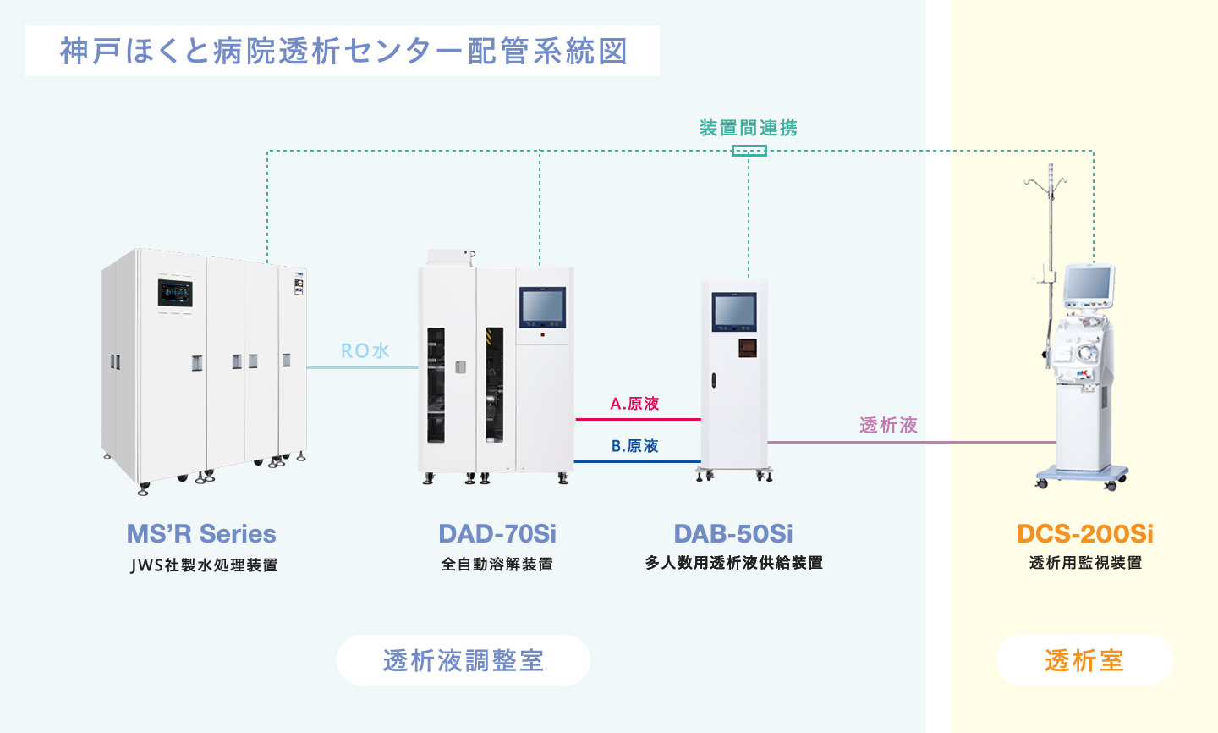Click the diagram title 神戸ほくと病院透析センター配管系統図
point(343,51)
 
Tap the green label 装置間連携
point(749,128)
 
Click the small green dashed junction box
point(749,151)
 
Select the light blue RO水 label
point(365,350)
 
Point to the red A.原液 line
point(638,419)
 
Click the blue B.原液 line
point(638,461)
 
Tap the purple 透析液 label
point(888,425)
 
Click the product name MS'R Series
point(201,534)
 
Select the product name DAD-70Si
point(497,534)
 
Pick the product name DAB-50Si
point(733,534)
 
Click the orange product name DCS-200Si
point(1085,534)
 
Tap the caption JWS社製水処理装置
point(204,565)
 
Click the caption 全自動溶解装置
point(497,564)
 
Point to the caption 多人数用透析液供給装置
point(733,563)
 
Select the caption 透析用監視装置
point(1085,563)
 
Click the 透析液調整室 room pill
point(464,660)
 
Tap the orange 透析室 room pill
point(1084,660)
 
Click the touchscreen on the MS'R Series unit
point(175,293)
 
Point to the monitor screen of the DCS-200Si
point(1088,284)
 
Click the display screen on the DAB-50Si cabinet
point(733,311)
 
